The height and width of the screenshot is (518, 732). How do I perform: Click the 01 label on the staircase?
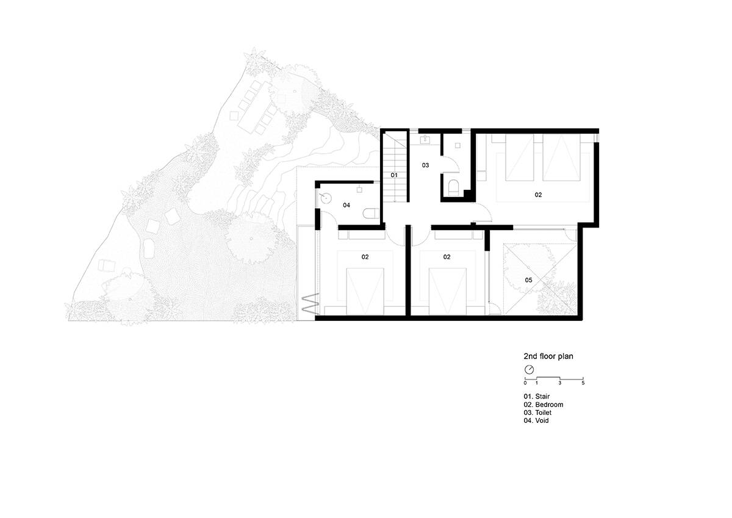(394, 175)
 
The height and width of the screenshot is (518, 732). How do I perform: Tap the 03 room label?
(425, 165)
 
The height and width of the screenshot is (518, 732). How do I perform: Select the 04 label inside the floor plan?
(346, 205)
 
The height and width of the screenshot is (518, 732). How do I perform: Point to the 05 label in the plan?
(528, 280)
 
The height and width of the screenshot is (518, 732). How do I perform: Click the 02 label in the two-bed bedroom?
(538, 195)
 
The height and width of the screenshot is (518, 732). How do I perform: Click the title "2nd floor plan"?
(548, 356)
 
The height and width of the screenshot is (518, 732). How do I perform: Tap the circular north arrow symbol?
(529, 370)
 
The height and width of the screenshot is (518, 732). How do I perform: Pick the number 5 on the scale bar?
(583, 383)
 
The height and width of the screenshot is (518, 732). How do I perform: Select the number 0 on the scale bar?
(525, 383)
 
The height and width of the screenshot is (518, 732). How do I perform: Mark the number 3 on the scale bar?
(560, 383)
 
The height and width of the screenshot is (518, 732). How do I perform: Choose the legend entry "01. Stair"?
(537, 397)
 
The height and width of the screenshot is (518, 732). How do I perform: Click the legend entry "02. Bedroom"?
(544, 405)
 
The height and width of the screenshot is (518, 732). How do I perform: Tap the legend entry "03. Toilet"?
(537, 413)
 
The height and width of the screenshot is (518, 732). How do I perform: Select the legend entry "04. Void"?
(536, 420)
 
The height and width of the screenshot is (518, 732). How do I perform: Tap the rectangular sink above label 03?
(425, 140)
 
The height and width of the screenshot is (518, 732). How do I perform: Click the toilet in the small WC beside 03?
(454, 188)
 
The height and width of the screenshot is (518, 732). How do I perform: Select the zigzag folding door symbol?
(310, 304)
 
